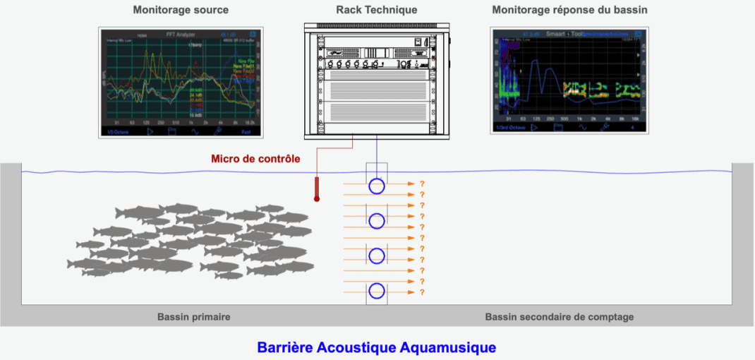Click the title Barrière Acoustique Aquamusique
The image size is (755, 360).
point(377,347)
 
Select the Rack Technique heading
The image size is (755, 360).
point(377,10)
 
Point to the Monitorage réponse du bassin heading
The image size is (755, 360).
point(569,11)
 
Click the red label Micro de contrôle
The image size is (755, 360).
point(256,159)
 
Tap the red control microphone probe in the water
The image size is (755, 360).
point(317,188)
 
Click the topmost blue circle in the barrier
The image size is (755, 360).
point(377,186)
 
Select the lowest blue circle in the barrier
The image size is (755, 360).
point(377,290)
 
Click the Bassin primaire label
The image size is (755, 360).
point(193,317)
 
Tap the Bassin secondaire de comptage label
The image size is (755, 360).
point(559,317)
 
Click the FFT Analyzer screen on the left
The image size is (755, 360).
point(181,82)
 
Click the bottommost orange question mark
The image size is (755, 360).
point(422,292)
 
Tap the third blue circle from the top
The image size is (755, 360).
point(377,255)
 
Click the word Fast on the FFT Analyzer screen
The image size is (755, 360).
point(246,131)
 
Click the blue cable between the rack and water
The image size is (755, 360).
point(377,152)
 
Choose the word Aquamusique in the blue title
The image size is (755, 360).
point(449,347)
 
